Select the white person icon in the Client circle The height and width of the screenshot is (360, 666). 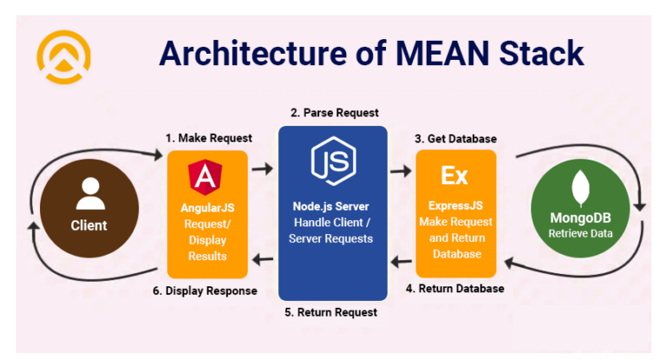click(x=88, y=193)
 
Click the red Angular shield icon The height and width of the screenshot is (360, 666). click(x=207, y=176)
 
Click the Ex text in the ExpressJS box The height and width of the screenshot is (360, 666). click(x=454, y=176)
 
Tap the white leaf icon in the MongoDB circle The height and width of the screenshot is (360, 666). click(x=579, y=190)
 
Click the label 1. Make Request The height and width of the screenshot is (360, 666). click(x=209, y=138)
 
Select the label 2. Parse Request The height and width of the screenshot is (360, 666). click(x=334, y=113)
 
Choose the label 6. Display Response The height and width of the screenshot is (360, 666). click(x=205, y=291)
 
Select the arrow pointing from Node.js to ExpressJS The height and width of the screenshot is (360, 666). click(x=400, y=171)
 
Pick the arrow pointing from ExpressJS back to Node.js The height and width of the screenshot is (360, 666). click(x=400, y=259)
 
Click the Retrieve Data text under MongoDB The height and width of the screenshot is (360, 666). click(x=580, y=233)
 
